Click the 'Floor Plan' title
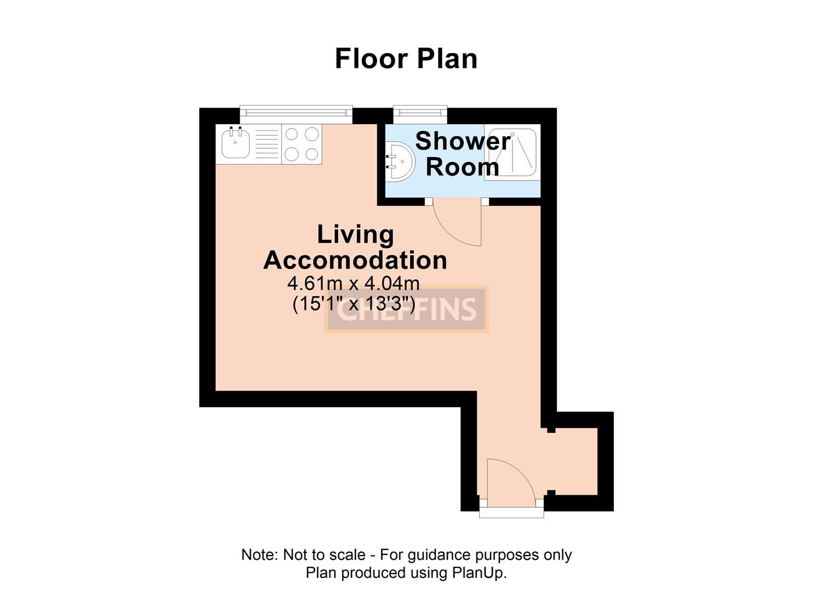[x=406, y=59]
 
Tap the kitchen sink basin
[x=235, y=144]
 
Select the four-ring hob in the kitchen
[x=302, y=144]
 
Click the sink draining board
[x=267, y=144]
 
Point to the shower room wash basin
[x=399, y=161]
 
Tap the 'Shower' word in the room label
[x=463, y=141]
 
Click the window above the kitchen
[x=296, y=112]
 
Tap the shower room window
[x=420, y=112]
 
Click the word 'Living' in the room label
[x=355, y=235]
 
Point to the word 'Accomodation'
[x=355, y=260]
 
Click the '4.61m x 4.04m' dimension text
[x=354, y=283]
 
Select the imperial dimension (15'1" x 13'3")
[x=354, y=303]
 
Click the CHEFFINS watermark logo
[x=406, y=309]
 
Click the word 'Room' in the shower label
[x=462, y=166]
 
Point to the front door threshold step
[x=511, y=513]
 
